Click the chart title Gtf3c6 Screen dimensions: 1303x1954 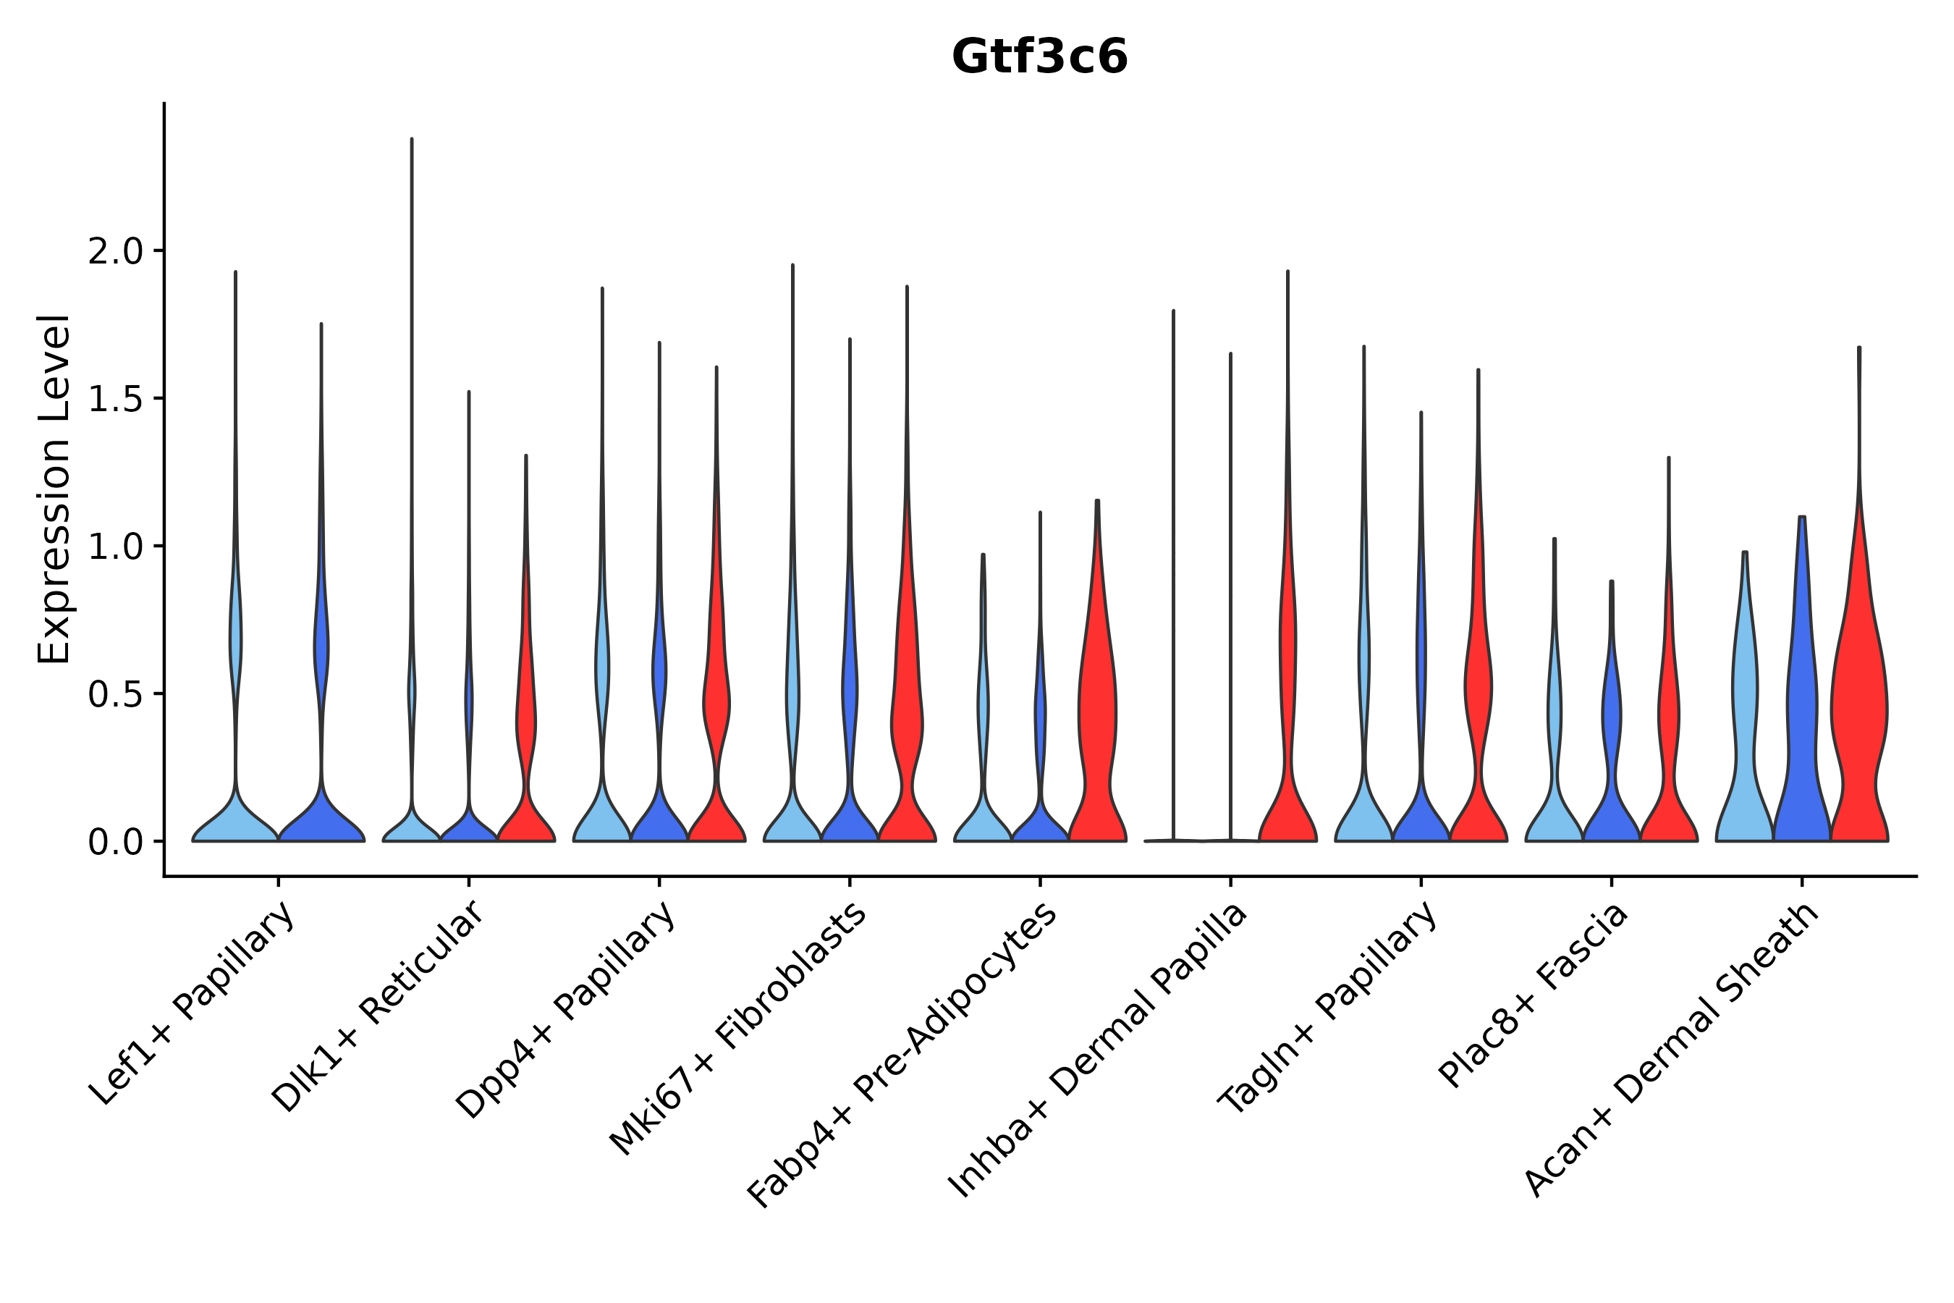click(1039, 57)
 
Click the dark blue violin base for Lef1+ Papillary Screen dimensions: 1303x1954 click(321, 822)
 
